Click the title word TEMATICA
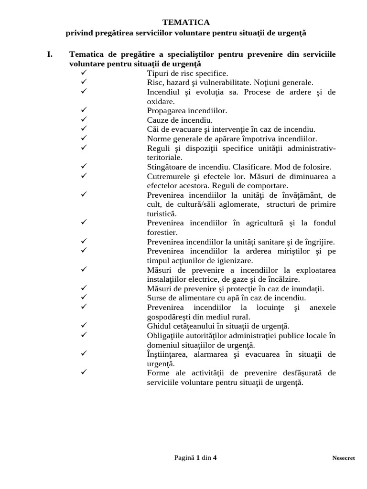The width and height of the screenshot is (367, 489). point(186,22)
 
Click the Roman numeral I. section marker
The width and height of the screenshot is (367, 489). point(50,54)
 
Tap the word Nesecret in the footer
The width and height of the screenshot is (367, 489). point(344,458)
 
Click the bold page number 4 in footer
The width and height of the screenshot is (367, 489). point(215,457)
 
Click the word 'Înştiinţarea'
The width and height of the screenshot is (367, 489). point(167,354)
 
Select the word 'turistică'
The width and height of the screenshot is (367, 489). point(162,214)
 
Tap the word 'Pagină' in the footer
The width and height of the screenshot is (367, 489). point(184,457)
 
